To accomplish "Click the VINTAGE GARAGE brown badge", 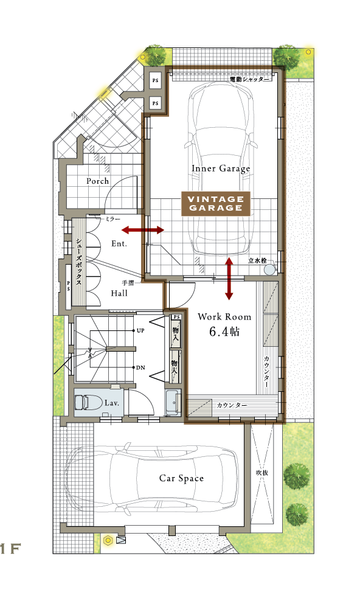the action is pyautogui.click(x=216, y=204).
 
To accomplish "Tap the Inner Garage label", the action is pyautogui.click(x=221, y=169).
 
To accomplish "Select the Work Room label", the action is pyautogui.click(x=224, y=317).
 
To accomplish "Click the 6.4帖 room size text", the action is pyautogui.click(x=224, y=332).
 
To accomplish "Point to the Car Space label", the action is pyautogui.click(x=181, y=478).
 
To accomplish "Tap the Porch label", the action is pyautogui.click(x=97, y=181).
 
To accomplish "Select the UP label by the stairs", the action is pyautogui.click(x=140, y=330).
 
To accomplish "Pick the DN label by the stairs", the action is pyautogui.click(x=140, y=367).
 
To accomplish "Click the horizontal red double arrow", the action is pyautogui.click(x=143, y=229).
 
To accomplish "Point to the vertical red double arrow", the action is pyautogui.click(x=229, y=279).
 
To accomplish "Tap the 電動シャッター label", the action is pyautogui.click(x=250, y=79).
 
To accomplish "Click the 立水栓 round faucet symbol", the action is pyautogui.click(x=269, y=270).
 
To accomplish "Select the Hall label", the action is pyautogui.click(x=119, y=293).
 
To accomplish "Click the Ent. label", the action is pyautogui.click(x=119, y=243).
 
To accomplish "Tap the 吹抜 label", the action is pyautogui.click(x=262, y=472).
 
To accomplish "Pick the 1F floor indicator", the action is pyautogui.click(x=10, y=549).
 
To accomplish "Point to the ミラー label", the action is pyautogui.click(x=112, y=219).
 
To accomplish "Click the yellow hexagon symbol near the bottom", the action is pyautogui.click(x=108, y=540).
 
